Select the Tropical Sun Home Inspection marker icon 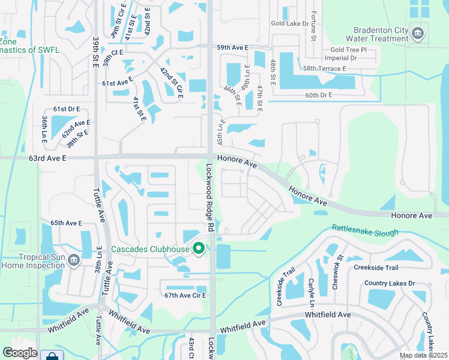[74, 259]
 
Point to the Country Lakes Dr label [390, 283]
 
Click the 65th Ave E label [66, 223]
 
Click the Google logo [20, 353]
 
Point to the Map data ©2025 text [423, 355]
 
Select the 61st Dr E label [67, 109]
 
